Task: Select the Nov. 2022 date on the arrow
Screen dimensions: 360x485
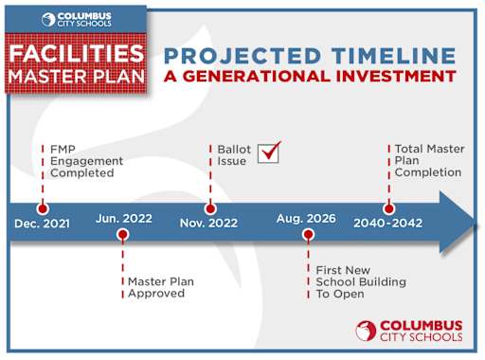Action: point(210,224)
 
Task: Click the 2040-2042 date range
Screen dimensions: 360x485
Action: point(388,224)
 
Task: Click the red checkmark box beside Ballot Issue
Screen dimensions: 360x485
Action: point(270,152)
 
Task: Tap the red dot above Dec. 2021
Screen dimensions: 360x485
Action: point(41,208)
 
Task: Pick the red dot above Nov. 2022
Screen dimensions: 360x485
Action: point(210,208)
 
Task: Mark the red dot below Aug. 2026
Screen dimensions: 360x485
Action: point(307,235)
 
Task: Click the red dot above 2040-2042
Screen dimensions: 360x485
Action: point(388,208)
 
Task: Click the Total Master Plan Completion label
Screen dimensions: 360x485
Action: point(427,160)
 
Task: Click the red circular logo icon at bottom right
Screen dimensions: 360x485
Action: point(366,330)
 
